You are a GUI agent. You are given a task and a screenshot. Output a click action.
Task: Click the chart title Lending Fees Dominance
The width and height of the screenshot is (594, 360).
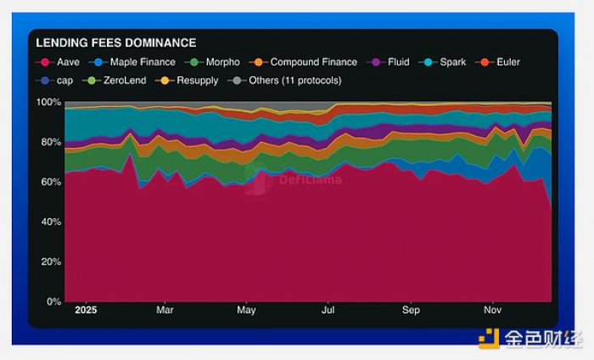116,42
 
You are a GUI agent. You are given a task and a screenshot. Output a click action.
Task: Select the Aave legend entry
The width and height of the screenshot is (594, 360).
60,62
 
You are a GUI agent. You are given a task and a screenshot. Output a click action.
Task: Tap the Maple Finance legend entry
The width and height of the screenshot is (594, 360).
136,62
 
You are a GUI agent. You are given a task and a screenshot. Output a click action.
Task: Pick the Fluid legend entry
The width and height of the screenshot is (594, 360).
392,62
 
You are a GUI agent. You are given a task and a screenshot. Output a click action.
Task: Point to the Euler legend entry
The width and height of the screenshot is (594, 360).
502,62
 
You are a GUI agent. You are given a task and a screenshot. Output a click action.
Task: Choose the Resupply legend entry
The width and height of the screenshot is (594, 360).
191,81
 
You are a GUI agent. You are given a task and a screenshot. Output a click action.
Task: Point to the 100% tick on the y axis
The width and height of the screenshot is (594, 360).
48,102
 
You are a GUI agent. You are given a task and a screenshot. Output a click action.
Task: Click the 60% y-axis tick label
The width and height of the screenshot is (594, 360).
51,182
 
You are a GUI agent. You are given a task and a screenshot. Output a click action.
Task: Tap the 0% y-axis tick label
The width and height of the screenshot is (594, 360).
53,301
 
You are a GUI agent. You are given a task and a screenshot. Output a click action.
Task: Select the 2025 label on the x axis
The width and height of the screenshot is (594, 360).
87,311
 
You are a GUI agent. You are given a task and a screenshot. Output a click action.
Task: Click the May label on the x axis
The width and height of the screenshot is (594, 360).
246,311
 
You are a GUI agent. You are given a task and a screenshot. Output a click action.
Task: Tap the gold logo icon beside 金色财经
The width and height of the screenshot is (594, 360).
488,339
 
